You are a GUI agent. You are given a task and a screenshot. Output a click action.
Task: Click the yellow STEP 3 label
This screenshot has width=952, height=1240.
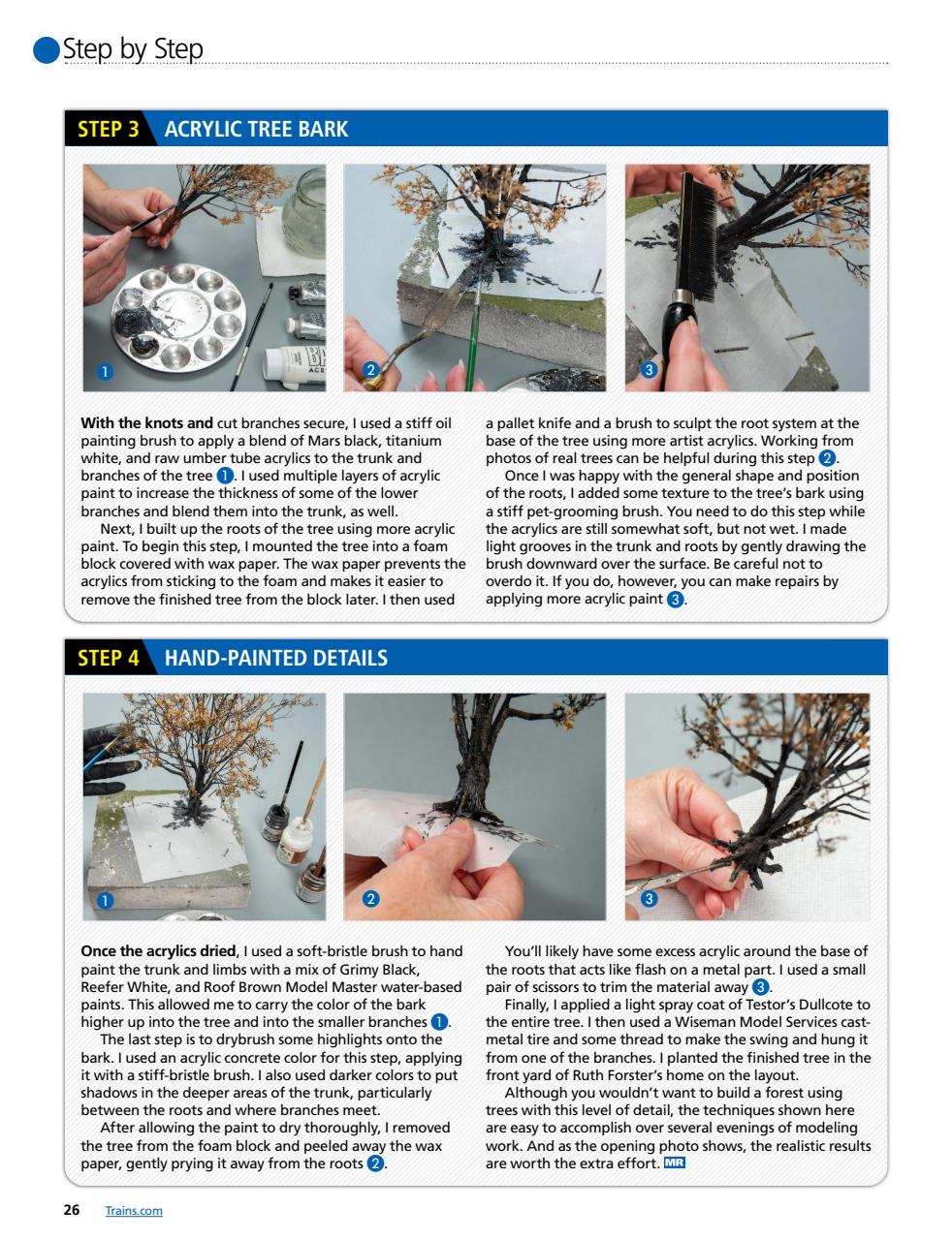(x=108, y=129)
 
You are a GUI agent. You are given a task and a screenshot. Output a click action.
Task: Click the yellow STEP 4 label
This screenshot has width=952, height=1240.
(x=108, y=659)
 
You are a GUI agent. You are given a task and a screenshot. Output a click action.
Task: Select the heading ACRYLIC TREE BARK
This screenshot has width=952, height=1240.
(x=256, y=130)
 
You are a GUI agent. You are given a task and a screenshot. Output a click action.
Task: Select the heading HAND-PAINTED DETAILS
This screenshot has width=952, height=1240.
(x=276, y=659)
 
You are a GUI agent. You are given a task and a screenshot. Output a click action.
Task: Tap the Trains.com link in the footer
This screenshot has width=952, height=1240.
(x=133, y=1211)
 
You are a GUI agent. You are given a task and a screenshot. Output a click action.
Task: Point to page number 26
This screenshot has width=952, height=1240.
(x=71, y=1211)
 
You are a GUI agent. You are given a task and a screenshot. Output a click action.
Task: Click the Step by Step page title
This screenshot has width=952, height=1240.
(x=133, y=48)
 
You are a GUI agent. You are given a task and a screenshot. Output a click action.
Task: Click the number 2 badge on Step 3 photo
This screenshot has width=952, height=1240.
(x=370, y=370)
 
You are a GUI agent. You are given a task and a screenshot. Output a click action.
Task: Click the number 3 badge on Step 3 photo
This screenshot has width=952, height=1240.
(x=650, y=370)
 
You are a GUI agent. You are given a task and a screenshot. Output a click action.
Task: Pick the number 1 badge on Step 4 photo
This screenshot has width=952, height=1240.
(x=106, y=900)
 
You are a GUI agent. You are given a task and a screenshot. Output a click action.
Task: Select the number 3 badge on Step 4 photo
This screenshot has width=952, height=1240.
(x=650, y=900)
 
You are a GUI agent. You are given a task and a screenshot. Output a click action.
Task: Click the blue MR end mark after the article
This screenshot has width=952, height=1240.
(x=675, y=1162)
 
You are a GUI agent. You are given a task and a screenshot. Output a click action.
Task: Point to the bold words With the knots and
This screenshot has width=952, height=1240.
(x=146, y=423)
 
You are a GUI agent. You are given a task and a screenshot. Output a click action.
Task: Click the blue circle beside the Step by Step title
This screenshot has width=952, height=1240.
(x=47, y=49)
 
